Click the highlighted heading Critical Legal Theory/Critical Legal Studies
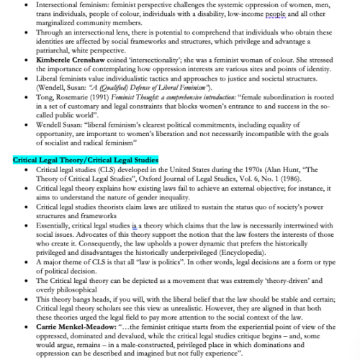[x=85, y=179]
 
